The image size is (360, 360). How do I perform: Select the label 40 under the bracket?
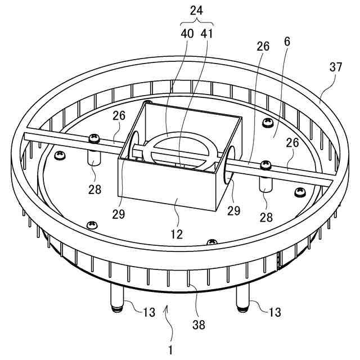click(x=187, y=34)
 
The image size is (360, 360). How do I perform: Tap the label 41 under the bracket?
click(x=206, y=34)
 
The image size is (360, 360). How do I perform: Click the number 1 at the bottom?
click(x=170, y=350)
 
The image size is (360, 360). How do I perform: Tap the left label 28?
click(x=94, y=190)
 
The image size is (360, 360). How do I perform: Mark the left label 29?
click(x=118, y=214)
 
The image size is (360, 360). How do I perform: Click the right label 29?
click(x=233, y=211)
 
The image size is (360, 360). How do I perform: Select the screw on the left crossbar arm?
click(x=94, y=138)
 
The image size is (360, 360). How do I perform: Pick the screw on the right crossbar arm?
click(x=265, y=164)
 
